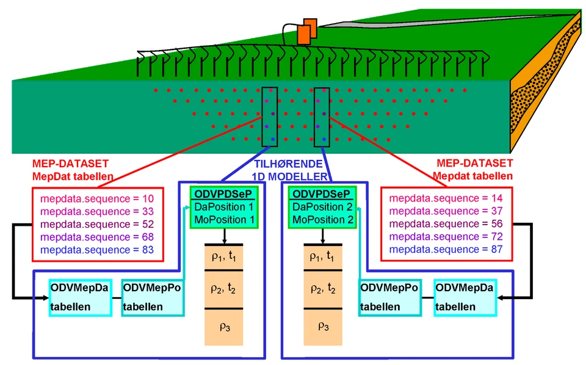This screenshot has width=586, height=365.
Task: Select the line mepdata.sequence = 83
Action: (97, 250)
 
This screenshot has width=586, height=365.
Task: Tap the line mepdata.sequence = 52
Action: (97, 224)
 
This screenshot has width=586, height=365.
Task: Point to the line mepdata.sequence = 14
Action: (446, 199)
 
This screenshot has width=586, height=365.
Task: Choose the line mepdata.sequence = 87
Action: (446, 250)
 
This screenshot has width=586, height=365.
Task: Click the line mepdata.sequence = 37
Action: (446, 211)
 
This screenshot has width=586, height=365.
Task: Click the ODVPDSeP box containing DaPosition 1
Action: (225, 207)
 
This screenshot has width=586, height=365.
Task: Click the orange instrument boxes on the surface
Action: (307, 31)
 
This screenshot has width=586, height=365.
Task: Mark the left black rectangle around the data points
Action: (269, 116)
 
